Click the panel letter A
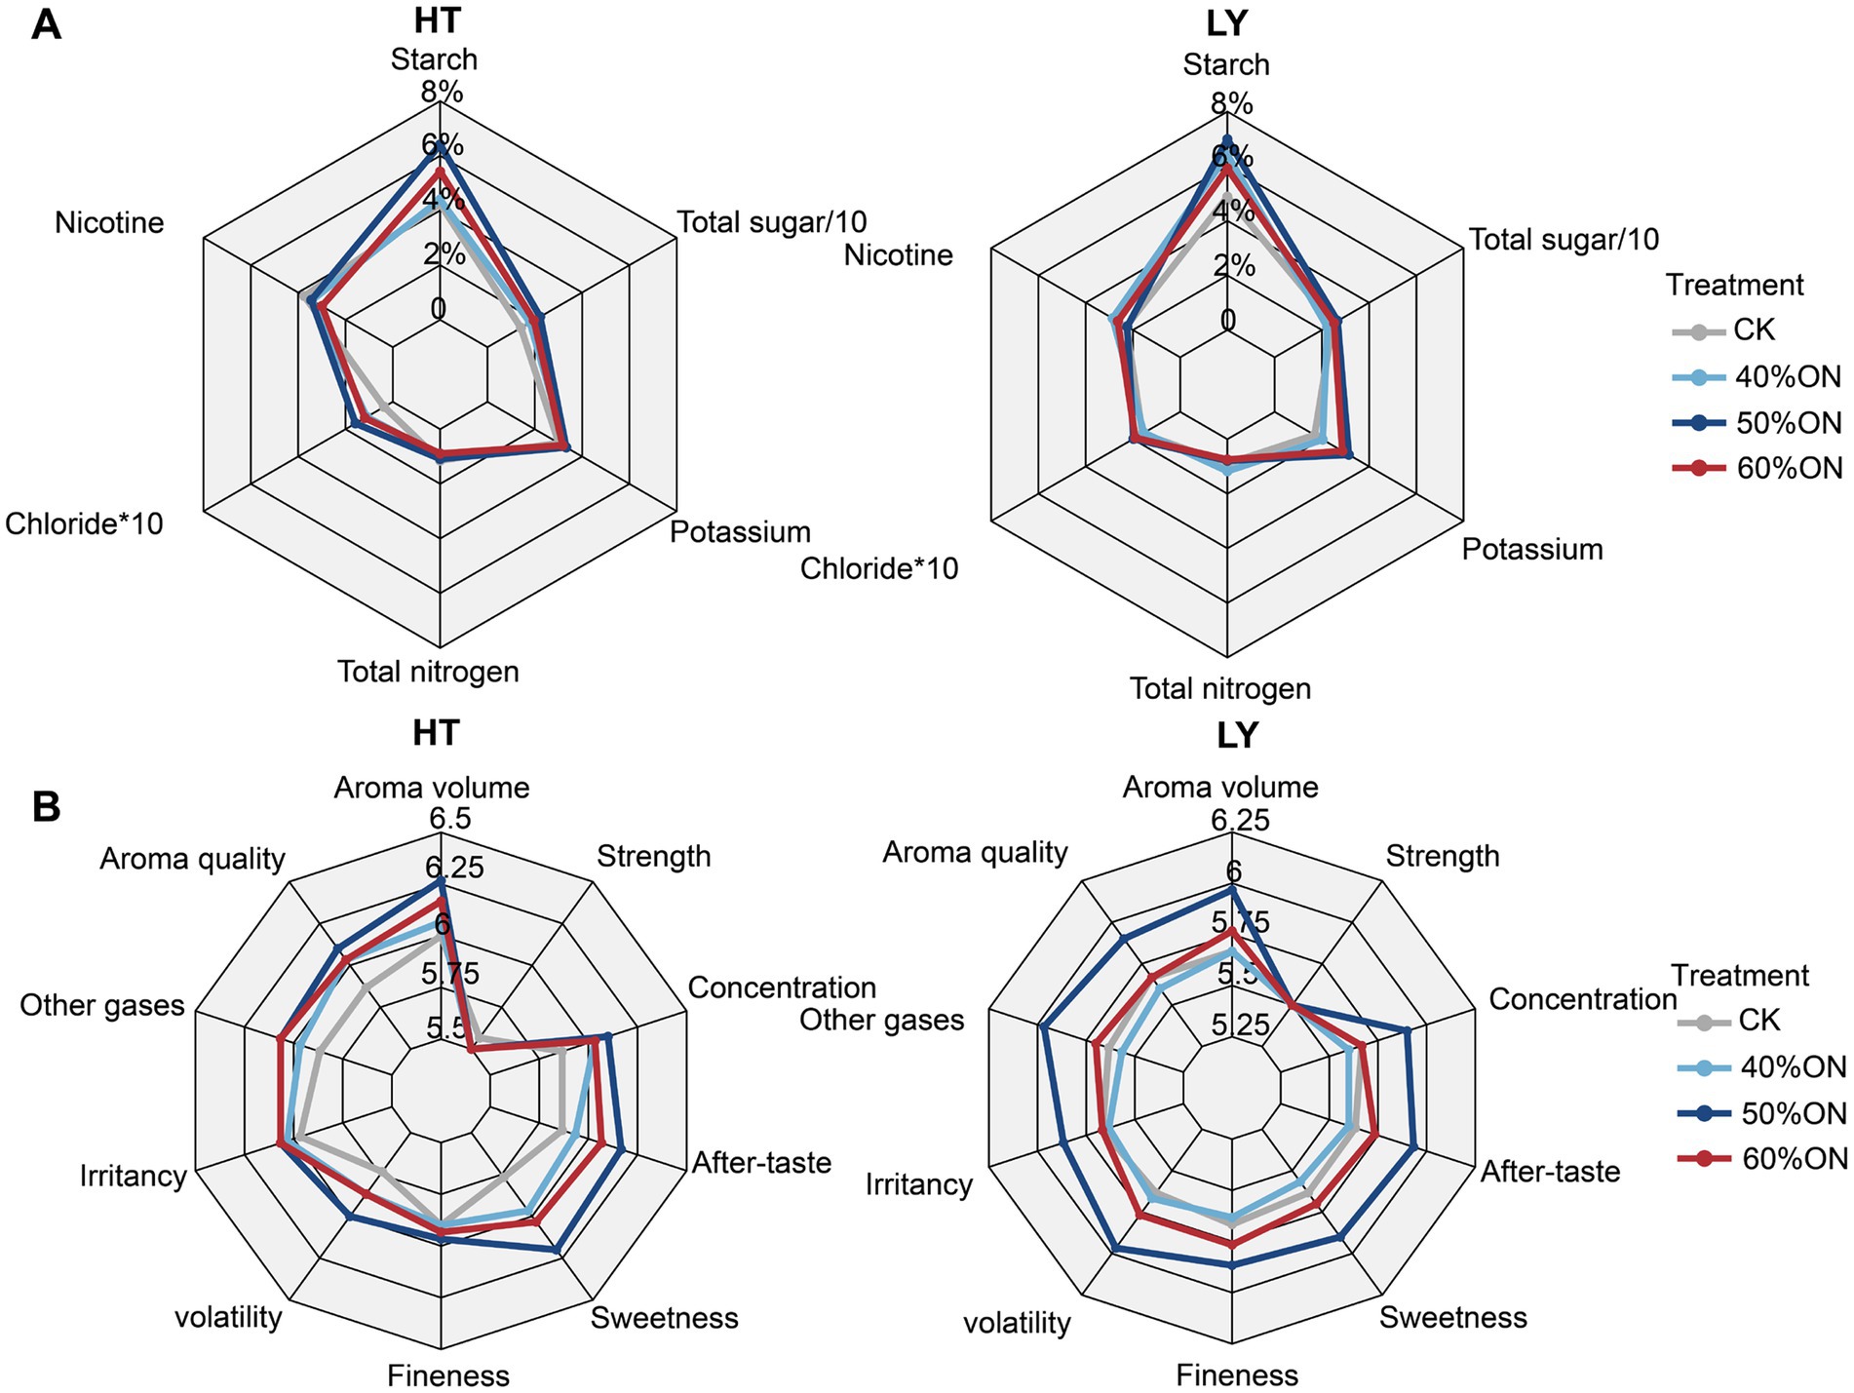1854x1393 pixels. (x=46, y=23)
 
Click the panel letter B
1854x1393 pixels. (x=46, y=807)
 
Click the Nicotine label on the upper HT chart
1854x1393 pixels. (x=109, y=223)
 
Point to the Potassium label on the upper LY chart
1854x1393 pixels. (x=1531, y=550)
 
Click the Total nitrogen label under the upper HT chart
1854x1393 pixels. (x=428, y=672)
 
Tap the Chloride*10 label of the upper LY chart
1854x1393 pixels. (x=879, y=568)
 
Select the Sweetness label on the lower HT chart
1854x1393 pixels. (x=664, y=1318)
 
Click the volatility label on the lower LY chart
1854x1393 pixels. (x=1017, y=1323)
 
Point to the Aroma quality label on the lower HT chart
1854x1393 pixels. (x=192, y=859)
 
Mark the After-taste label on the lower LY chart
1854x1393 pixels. (x=1550, y=1171)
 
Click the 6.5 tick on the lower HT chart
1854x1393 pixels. (x=449, y=818)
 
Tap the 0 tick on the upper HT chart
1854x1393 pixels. (x=438, y=309)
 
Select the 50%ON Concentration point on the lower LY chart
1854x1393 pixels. (x=1407, y=1029)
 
